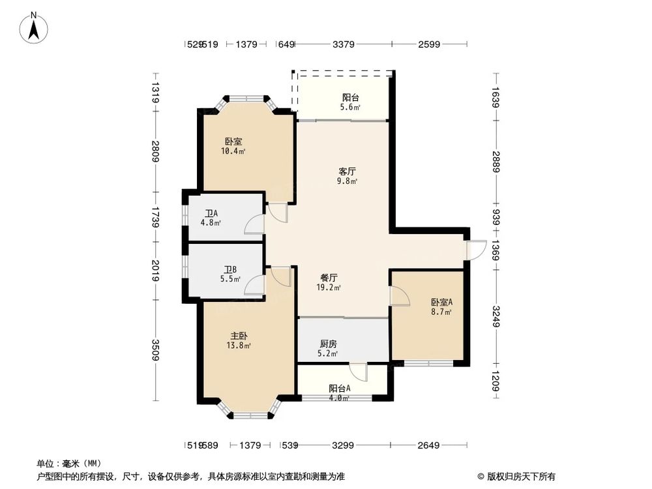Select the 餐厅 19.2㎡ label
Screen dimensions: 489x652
click(328, 282)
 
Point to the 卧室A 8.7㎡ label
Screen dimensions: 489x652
click(441, 307)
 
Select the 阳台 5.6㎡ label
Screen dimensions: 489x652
click(351, 103)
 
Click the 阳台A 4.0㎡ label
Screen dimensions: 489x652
click(339, 393)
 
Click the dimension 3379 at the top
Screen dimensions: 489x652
click(343, 44)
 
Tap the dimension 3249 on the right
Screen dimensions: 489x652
click(497, 317)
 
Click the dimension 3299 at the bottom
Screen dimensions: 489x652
click(343, 445)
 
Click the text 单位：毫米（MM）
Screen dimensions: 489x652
click(71, 464)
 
